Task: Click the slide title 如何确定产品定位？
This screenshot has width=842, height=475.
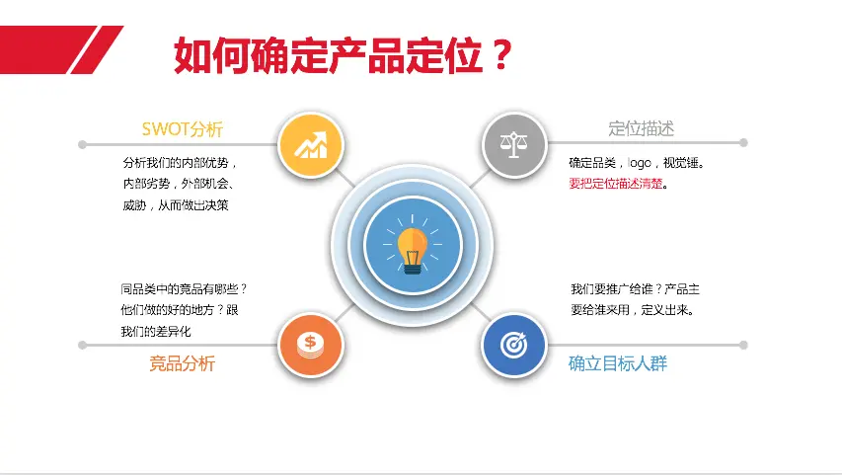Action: [344, 55]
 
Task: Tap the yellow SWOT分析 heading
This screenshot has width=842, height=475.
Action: [182, 129]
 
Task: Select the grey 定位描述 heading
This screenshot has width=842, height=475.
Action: [641, 128]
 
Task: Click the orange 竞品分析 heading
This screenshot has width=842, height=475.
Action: [182, 363]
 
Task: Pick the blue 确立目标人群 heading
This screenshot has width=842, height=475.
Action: [618, 363]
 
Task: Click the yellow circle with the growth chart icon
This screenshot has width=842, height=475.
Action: [310, 145]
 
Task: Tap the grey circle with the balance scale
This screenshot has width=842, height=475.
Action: [514, 144]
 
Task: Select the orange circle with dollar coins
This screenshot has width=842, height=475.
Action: [310, 345]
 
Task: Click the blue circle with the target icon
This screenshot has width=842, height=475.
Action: [514, 345]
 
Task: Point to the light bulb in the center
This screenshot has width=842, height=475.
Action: [413, 250]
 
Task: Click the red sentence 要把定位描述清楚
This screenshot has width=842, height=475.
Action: [615, 184]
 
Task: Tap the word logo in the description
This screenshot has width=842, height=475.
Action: [639, 163]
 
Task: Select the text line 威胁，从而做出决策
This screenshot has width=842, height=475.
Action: [175, 205]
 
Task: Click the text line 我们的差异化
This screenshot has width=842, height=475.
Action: [156, 332]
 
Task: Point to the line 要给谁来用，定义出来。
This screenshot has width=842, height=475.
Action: [633, 310]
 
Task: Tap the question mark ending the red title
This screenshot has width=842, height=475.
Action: [501, 55]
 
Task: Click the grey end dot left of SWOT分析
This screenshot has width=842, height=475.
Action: [82, 144]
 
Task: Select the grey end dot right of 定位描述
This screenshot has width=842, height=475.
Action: [743, 143]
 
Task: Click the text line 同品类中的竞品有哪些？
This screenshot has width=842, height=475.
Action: [184, 289]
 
